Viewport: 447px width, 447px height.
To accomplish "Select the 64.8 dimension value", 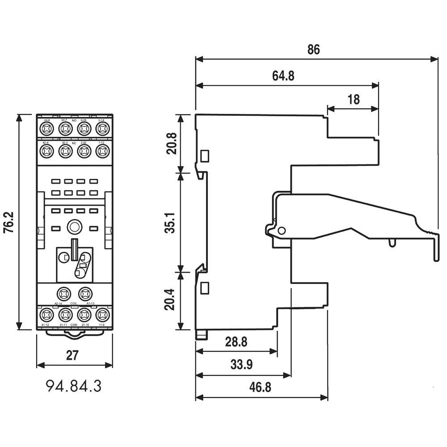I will click(283, 76).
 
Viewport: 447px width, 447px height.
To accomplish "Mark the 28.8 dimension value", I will click(236, 342).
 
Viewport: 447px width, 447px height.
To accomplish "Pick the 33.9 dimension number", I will click(242, 365).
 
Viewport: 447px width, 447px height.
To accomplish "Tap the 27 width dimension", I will click(72, 356).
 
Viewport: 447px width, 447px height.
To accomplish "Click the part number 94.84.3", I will click(73, 386).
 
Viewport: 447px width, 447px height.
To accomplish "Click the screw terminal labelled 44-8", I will click(46, 129).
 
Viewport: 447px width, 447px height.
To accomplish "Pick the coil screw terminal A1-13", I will click(84, 294).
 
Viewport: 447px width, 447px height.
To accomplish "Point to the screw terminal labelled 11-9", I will click(103, 314).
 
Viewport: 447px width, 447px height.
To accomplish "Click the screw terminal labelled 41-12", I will click(46, 314).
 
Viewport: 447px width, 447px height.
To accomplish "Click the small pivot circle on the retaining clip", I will click(281, 231).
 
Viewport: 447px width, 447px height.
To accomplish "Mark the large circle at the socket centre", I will click(74, 228).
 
